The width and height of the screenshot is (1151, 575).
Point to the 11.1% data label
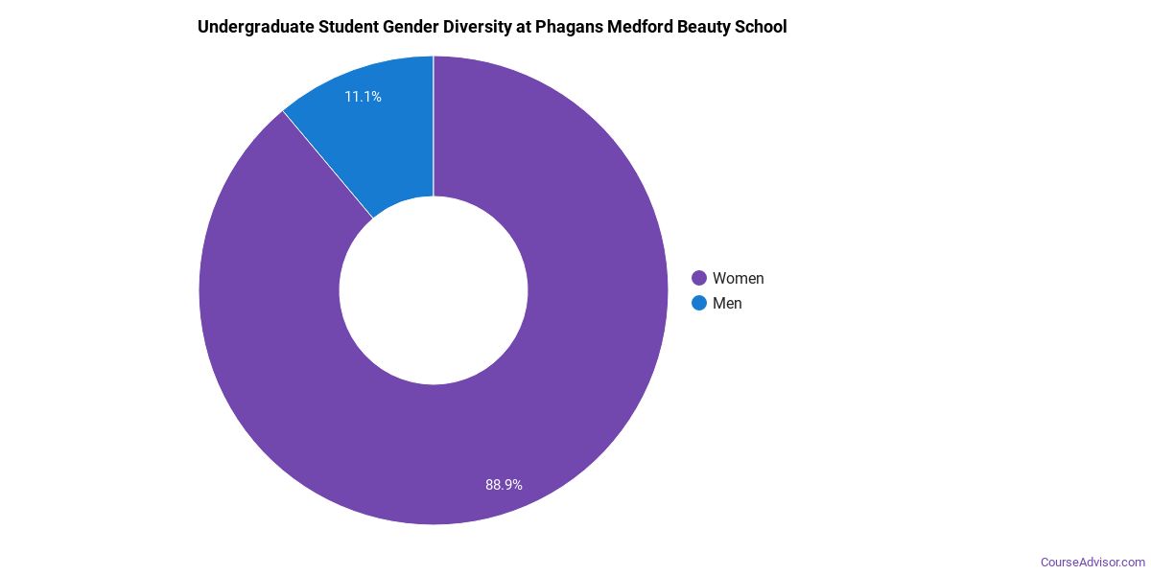point(364,97)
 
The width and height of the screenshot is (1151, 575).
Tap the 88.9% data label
point(504,485)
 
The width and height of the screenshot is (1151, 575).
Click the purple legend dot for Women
point(699,278)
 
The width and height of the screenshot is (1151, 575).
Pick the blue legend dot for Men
point(699,303)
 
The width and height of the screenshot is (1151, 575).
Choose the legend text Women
point(738,278)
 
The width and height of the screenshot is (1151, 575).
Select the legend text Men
point(727,303)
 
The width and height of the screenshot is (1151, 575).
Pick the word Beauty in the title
point(709,27)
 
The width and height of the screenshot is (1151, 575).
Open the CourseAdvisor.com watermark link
point(1092,562)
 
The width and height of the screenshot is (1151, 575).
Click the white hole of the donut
point(434,290)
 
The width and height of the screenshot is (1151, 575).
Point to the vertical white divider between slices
point(434,125)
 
